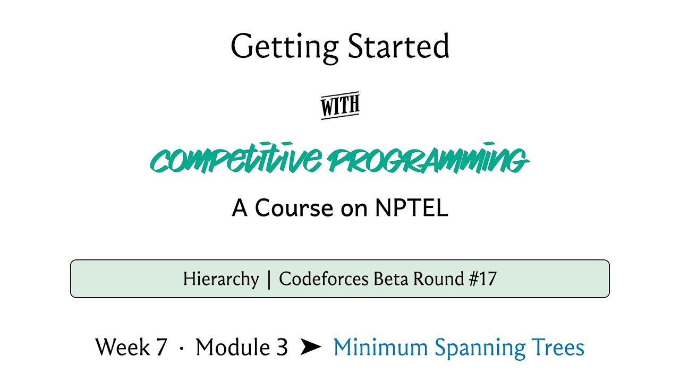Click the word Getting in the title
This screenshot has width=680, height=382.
coord(284,48)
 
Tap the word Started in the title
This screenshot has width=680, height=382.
coord(398,46)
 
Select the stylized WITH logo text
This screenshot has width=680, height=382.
coord(341,105)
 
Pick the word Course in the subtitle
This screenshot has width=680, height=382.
coord(294,208)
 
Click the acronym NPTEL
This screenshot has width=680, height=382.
coord(412,207)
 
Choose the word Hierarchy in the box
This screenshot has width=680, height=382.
coord(221,279)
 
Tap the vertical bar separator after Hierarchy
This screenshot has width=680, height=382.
coord(269,280)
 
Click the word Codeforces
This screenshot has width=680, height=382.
coord(324,279)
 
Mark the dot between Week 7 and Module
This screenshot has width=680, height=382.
coord(182,349)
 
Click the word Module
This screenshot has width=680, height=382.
coord(233,346)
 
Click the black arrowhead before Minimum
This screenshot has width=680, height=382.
coord(311,347)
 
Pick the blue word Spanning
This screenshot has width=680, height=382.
coord(480,348)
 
